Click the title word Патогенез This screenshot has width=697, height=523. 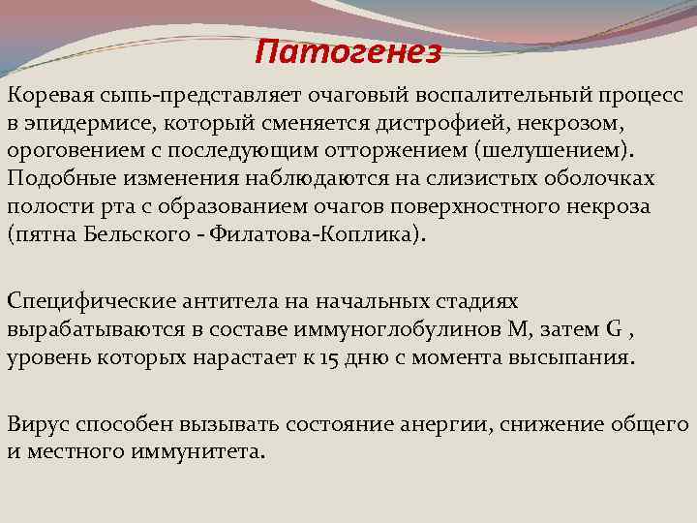point(348,50)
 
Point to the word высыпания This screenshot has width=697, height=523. point(577,358)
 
